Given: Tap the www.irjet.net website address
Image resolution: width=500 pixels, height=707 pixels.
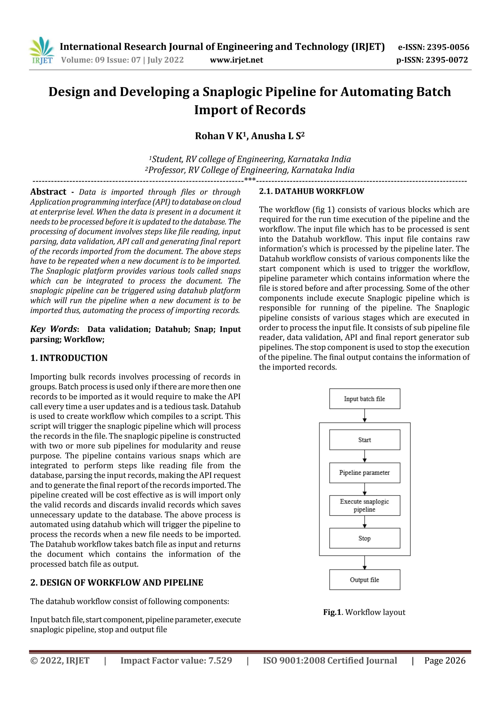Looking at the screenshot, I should click(x=236, y=60).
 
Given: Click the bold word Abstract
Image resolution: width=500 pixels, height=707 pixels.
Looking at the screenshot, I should click(x=48, y=192).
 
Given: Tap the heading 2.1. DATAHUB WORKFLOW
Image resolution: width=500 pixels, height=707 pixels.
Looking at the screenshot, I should click(x=311, y=191).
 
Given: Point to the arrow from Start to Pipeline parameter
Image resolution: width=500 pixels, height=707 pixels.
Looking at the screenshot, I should click(x=365, y=456).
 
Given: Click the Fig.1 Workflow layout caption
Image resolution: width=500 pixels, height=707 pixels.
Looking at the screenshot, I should click(x=364, y=612).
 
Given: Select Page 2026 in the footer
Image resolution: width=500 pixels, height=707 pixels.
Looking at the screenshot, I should click(x=444, y=660).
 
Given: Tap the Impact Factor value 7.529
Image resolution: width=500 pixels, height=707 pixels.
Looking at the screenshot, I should click(x=176, y=660).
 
